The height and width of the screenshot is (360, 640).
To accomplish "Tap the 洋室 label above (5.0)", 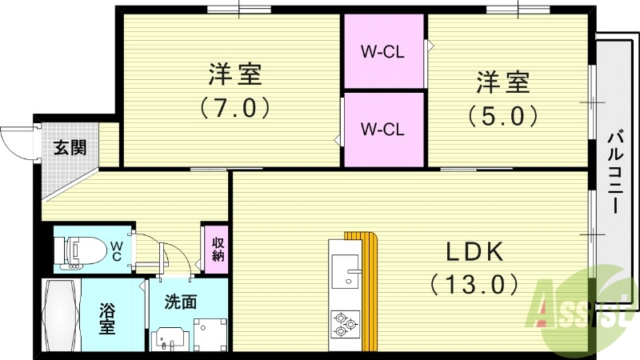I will tap(503, 82).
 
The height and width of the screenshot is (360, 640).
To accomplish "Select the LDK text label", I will tap(474, 253).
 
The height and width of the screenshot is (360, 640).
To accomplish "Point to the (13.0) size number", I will tap(474, 283).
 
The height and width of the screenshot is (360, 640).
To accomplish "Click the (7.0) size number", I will tap(233, 107).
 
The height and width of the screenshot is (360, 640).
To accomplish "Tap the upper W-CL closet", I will tap(383, 53).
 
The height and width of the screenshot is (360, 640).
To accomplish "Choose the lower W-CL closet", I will tap(383, 129).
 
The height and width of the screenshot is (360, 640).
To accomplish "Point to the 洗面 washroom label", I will tap(180, 303).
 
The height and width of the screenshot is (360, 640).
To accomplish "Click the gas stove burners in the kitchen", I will tap(344, 322).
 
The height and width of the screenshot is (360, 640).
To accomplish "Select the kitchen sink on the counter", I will tap(346, 272).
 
